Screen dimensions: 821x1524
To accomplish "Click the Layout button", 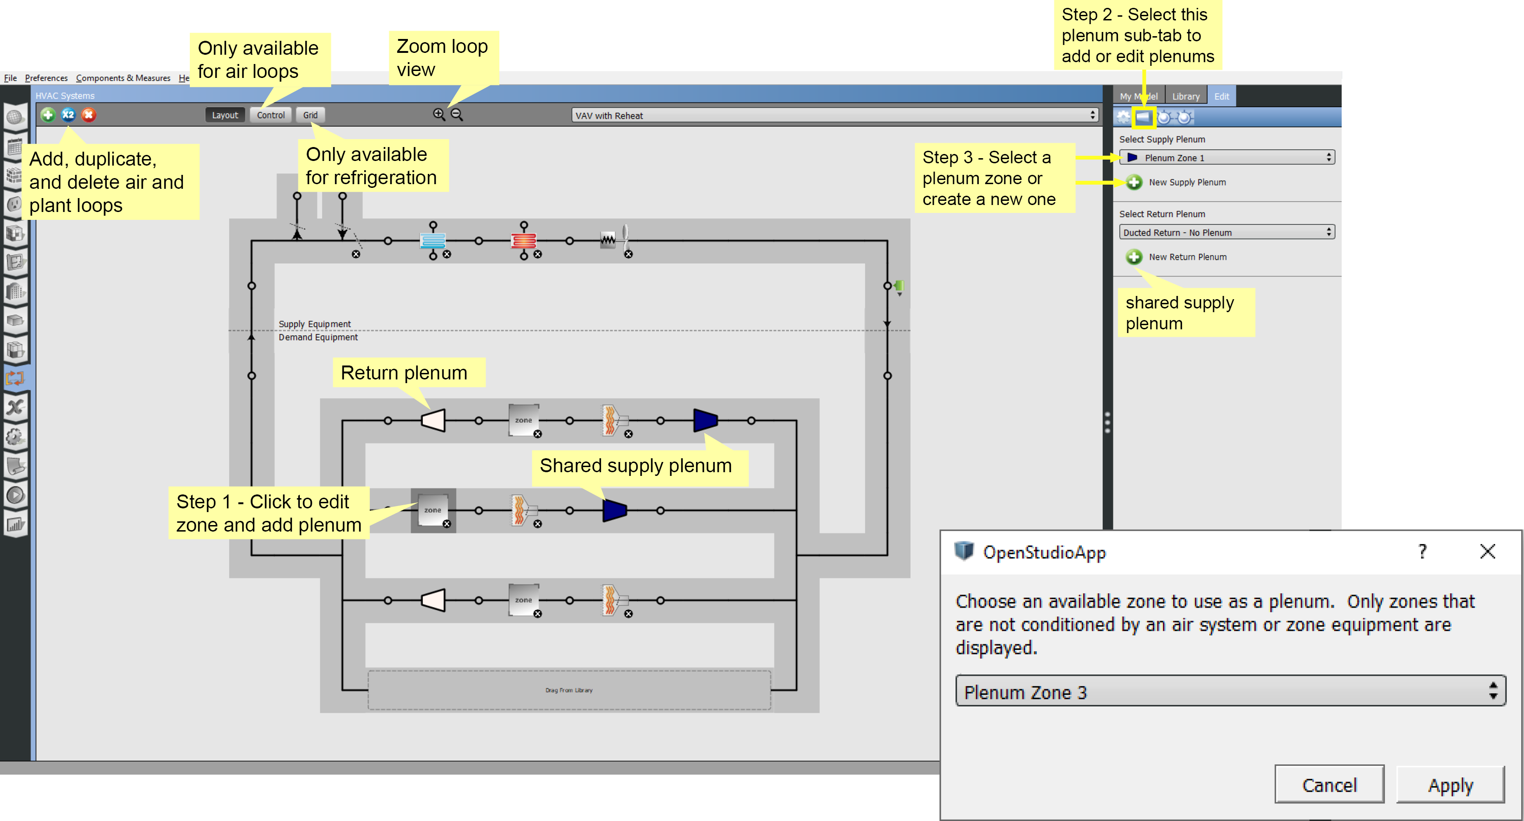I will (x=225, y=115).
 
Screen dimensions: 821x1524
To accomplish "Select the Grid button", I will (x=310, y=115).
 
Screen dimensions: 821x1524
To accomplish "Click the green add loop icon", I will (x=48, y=115).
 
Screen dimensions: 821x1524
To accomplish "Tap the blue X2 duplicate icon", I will (x=69, y=115).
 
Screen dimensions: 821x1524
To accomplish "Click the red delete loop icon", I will (x=89, y=115).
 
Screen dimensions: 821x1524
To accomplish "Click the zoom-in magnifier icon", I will (x=439, y=114).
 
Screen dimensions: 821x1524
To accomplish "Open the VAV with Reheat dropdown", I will (x=834, y=115).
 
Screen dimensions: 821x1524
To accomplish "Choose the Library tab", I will (x=1186, y=96).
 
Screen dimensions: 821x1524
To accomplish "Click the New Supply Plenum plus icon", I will (x=1134, y=182).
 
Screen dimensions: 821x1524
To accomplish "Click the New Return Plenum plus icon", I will (x=1134, y=257).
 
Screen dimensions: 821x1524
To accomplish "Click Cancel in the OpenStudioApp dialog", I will (x=1329, y=785).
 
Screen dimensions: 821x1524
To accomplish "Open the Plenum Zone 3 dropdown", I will (x=1229, y=692).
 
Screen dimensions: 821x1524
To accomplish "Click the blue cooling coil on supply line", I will (x=433, y=241).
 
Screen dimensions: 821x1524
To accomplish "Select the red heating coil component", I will (x=523, y=241).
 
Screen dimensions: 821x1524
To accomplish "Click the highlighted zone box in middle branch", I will (x=433, y=510).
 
